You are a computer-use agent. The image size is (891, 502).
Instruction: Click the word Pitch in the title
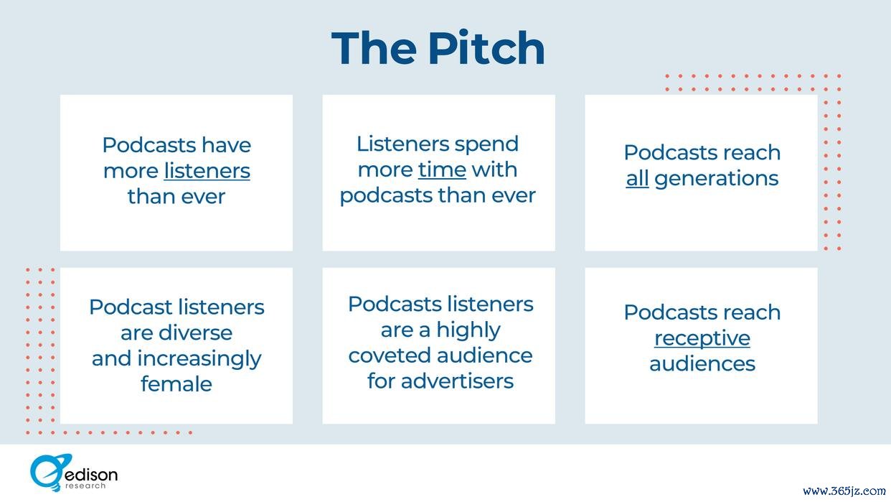point(486,48)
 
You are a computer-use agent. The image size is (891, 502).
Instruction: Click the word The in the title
point(374,48)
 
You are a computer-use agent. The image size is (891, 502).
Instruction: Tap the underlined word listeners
point(207,171)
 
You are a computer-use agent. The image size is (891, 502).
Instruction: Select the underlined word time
point(442,170)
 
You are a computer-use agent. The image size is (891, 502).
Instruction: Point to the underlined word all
point(637,178)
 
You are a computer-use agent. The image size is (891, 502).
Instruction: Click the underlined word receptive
point(702,338)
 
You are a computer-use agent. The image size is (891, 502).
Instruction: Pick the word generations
point(717,179)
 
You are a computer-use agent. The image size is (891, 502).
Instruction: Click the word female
point(176,384)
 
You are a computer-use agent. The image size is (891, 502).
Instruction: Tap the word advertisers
point(457,381)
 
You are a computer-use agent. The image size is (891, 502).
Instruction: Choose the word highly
point(468,330)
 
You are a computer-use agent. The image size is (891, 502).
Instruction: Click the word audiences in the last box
point(702,364)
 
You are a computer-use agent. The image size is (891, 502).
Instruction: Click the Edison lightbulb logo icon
point(49,473)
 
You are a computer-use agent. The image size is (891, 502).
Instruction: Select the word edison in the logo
point(91,475)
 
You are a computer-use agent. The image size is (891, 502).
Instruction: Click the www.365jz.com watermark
point(844,491)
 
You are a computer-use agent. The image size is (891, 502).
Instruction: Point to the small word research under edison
point(85,486)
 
